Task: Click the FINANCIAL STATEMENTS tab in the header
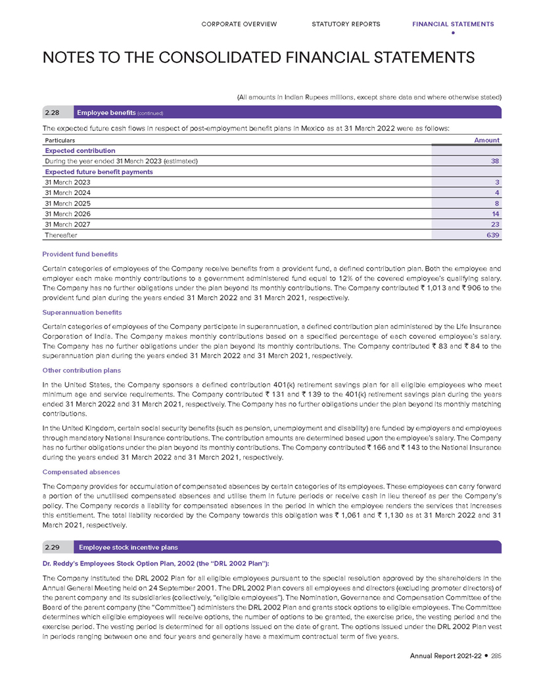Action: coord(453,24)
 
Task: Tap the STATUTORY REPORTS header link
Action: coord(346,24)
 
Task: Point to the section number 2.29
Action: coord(53,547)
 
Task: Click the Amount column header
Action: coord(487,140)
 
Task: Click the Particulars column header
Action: coord(59,141)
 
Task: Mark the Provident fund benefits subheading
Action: coord(80,253)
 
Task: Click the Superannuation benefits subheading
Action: coord(81,313)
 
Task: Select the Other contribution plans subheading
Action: coord(82,371)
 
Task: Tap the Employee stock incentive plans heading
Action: coord(128,547)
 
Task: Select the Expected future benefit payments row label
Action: coord(99,171)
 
